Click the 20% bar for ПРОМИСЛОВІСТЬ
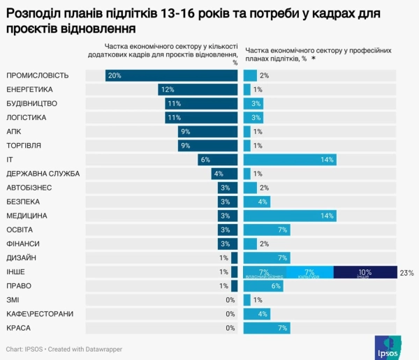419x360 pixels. click(172, 75)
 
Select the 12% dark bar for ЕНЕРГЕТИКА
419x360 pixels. click(198, 89)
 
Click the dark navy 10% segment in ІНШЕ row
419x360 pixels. click(365, 272)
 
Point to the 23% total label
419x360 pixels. click(406, 272)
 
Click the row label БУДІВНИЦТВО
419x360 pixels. click(31, 103)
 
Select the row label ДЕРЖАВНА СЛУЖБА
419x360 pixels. click(43, 174)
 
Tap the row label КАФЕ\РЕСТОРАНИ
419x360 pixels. click(39, 314)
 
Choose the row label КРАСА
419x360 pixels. click(19, 328)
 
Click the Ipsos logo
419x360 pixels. click(389, 346)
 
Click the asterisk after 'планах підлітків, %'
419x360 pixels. click(314, 60)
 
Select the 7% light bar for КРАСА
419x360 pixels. click(267, 328)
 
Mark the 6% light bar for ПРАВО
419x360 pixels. click(263, 286)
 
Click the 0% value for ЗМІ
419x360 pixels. click(230, 300)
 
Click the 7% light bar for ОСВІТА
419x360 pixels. click(267, 230)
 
